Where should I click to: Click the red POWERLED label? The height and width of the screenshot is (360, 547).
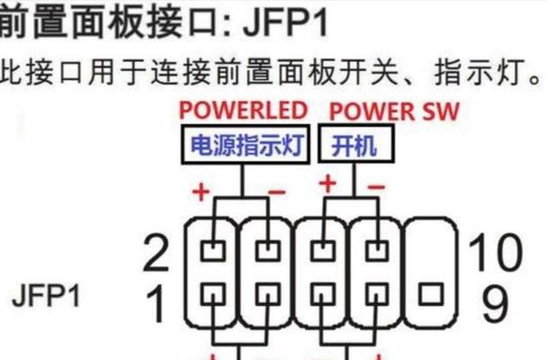click(x=242, y=111)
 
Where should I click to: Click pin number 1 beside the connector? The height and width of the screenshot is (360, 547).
click(x=157, y=304)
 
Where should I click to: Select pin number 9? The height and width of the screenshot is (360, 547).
click(x=495, y=304)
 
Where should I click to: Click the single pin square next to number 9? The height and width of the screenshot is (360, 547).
click(x=431, y=293)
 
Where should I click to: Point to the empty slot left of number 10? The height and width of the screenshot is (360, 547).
click(x=431, y=246)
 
